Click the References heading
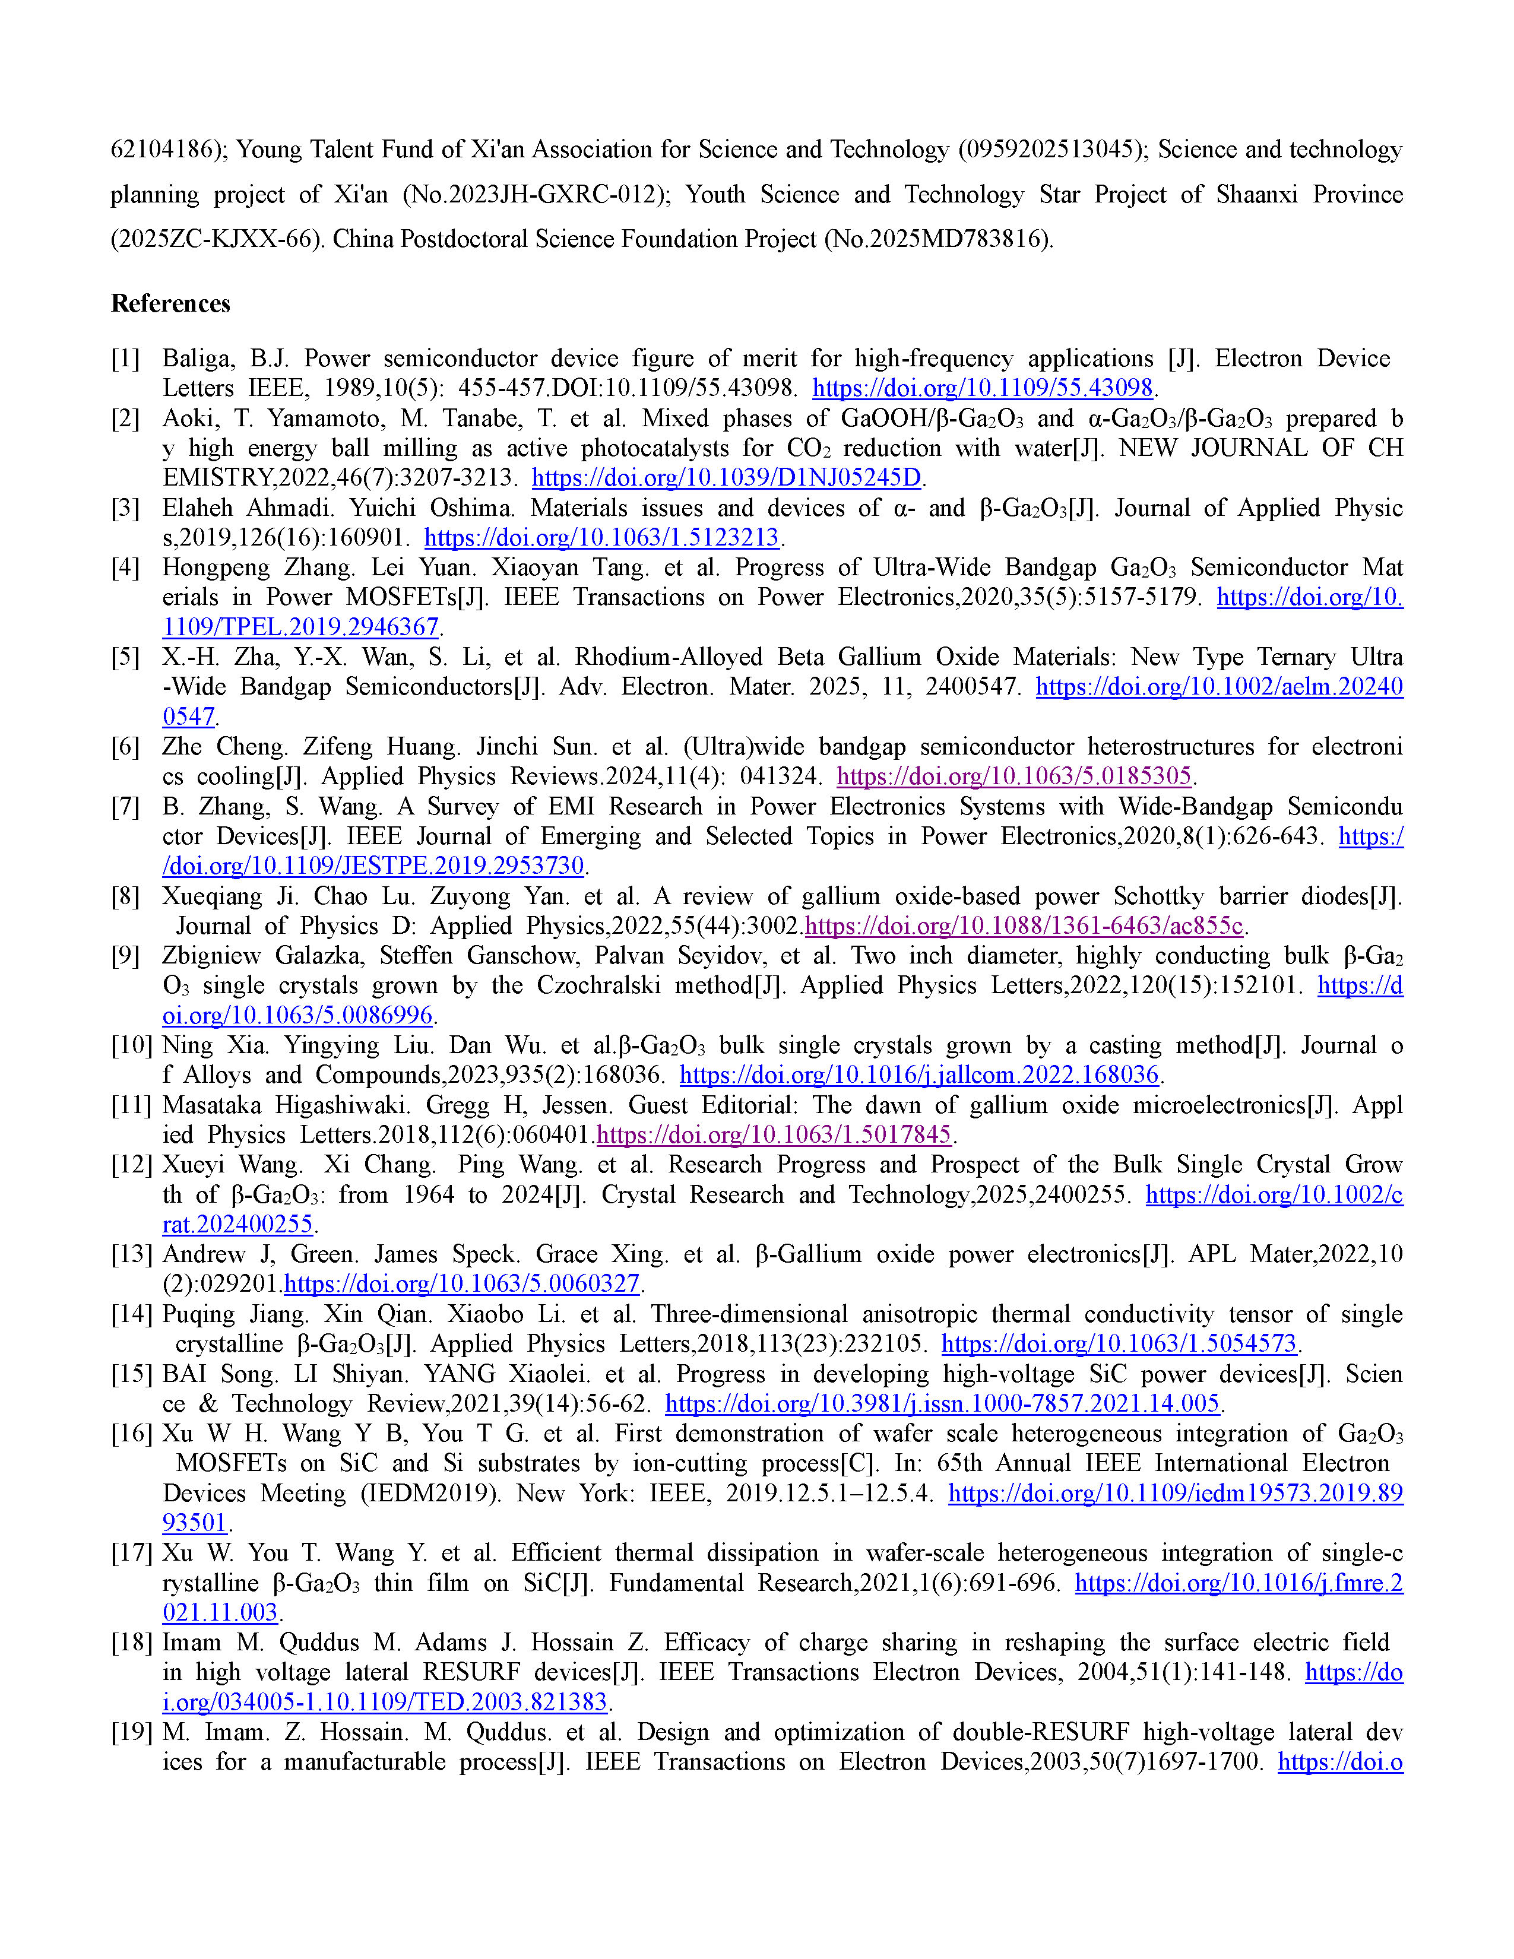170,303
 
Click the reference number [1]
125,359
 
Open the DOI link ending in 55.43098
982,388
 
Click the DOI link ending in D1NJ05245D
727,478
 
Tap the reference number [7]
125,807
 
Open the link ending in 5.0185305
1013,777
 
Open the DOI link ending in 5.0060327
462,1285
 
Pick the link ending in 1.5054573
1119,1345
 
